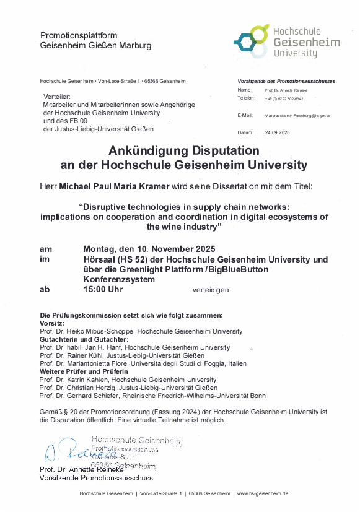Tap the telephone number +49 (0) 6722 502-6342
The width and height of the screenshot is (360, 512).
click(x=284, y=99)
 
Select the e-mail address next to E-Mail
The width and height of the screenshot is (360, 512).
click(x=297, y=116)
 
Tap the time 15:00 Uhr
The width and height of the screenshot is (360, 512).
click(x=104, y=289)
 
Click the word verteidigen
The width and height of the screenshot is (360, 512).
click(x=211, y=290)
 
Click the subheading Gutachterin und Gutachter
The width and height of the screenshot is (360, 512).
click(x=84, y=339)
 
